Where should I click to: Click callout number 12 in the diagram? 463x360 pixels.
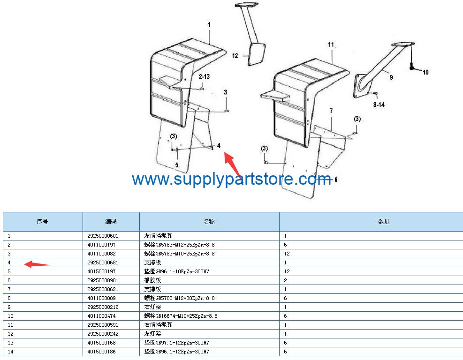[235, 56]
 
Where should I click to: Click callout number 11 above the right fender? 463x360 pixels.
[331, 45]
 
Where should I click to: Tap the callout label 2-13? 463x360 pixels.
[204, 76]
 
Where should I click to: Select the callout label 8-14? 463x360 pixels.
[379, 105]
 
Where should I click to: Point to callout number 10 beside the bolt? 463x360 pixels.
[425, 72]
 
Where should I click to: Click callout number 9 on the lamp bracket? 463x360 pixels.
[391, 77]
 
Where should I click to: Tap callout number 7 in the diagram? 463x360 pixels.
[331, 111]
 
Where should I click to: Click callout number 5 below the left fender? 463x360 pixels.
[177, 165]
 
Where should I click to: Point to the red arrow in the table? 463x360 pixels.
[37, 264]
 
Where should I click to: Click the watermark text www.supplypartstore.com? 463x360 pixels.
[231, 179]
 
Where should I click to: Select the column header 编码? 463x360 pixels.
[111, 221]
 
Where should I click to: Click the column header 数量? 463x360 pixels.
[384, 221]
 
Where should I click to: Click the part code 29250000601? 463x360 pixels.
[103, 236]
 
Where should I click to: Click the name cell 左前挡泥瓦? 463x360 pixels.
[155, 236]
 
